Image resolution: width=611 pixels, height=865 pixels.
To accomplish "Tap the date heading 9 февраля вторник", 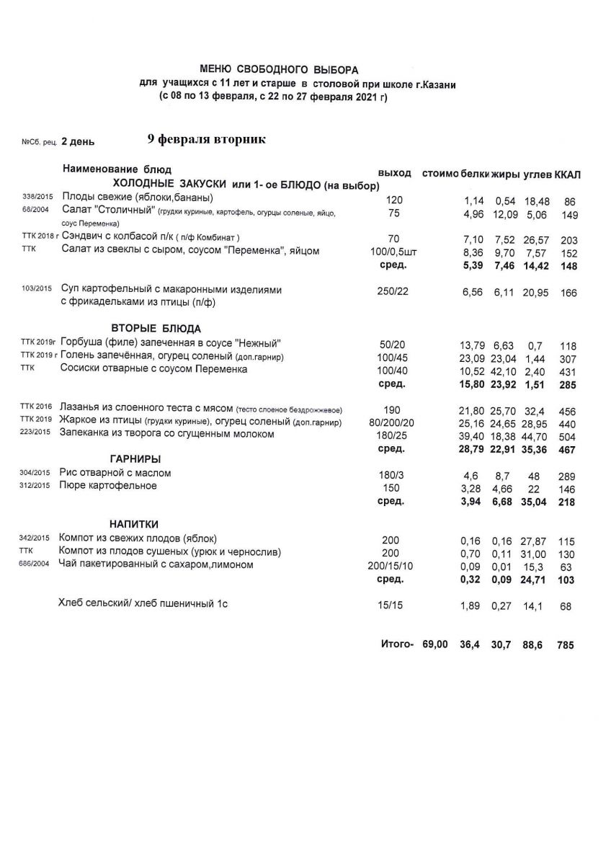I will tap(206, 139).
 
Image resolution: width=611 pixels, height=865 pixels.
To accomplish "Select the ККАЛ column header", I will tap(568, 174).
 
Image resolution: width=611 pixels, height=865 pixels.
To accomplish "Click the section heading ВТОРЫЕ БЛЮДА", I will tap(156, 329).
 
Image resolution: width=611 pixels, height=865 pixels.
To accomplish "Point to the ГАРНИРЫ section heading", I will tap(135, 458).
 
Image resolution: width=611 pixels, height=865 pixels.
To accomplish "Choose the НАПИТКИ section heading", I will tap(134, 524).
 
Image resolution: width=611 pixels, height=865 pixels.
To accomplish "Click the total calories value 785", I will tap(565, 646).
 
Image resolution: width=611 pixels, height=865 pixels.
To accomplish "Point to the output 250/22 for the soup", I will tap(388, 290).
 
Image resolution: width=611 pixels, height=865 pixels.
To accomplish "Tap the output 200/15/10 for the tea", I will tap(389, 565).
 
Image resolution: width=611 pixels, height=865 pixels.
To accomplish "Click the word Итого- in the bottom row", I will tap(396, 644).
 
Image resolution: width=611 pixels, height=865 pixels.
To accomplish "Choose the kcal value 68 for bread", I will tap(565, 607).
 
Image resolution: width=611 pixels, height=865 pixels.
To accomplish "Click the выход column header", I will tap(393, 174).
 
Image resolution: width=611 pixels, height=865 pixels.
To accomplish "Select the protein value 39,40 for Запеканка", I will tap(472, 435).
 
